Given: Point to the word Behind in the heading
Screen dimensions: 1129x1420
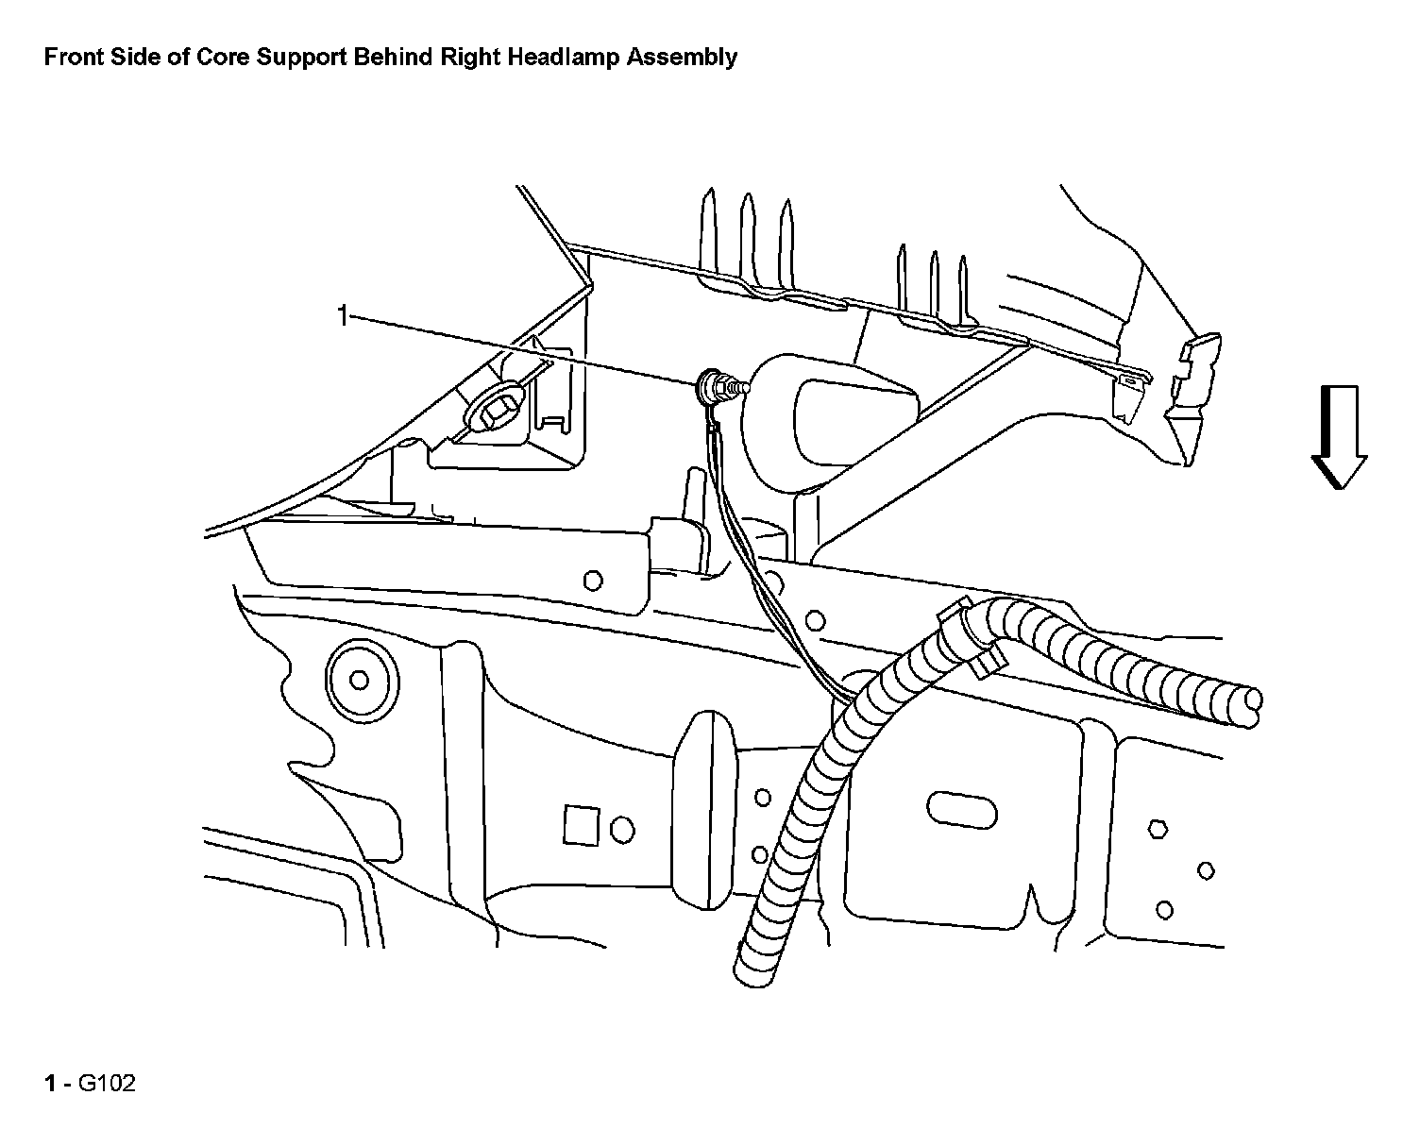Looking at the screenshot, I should pos(394,58).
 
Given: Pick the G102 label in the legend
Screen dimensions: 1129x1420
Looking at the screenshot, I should pos(107,1083).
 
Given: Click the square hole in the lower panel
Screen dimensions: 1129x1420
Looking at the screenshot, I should pos(576,824).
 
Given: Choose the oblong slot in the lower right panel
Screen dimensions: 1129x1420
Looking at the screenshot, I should pos(962,808).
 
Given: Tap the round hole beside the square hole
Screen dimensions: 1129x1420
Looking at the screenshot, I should pos(622,829).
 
